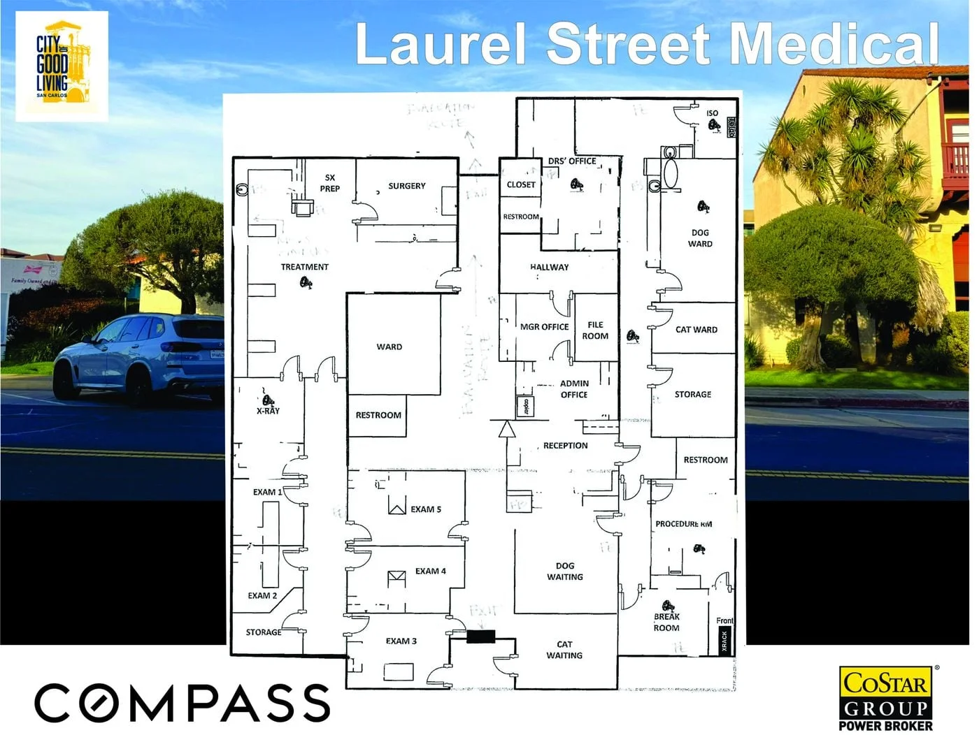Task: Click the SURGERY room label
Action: click(x=406, y=187)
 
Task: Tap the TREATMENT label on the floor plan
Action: click(x=304, y=267)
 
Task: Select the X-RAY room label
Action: click(x=268, y=411)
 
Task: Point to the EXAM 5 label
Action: click(x=426, y=509)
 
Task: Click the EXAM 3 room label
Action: click(x=401, y=641)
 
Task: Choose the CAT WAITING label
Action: click(x=564, y=650)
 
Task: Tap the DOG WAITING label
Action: click(x=565, y=572)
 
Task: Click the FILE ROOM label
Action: click(x=595, y=330)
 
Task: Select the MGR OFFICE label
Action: click(x=544, y=327)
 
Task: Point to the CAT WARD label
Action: click(x=696, y=330)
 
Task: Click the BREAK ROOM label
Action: click(x=666, y=623)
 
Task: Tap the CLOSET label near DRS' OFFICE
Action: click(x=521, y=185)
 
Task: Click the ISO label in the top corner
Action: click(x=712, y=113)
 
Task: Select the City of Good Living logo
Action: click(x=62, y=66)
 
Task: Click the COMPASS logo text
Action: click(x=182, y=702)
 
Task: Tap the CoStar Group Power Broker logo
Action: click(x=885, y=699)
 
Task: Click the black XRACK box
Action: click(x=724, y=641)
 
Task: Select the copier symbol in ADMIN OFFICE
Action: click(x=522, y=407)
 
